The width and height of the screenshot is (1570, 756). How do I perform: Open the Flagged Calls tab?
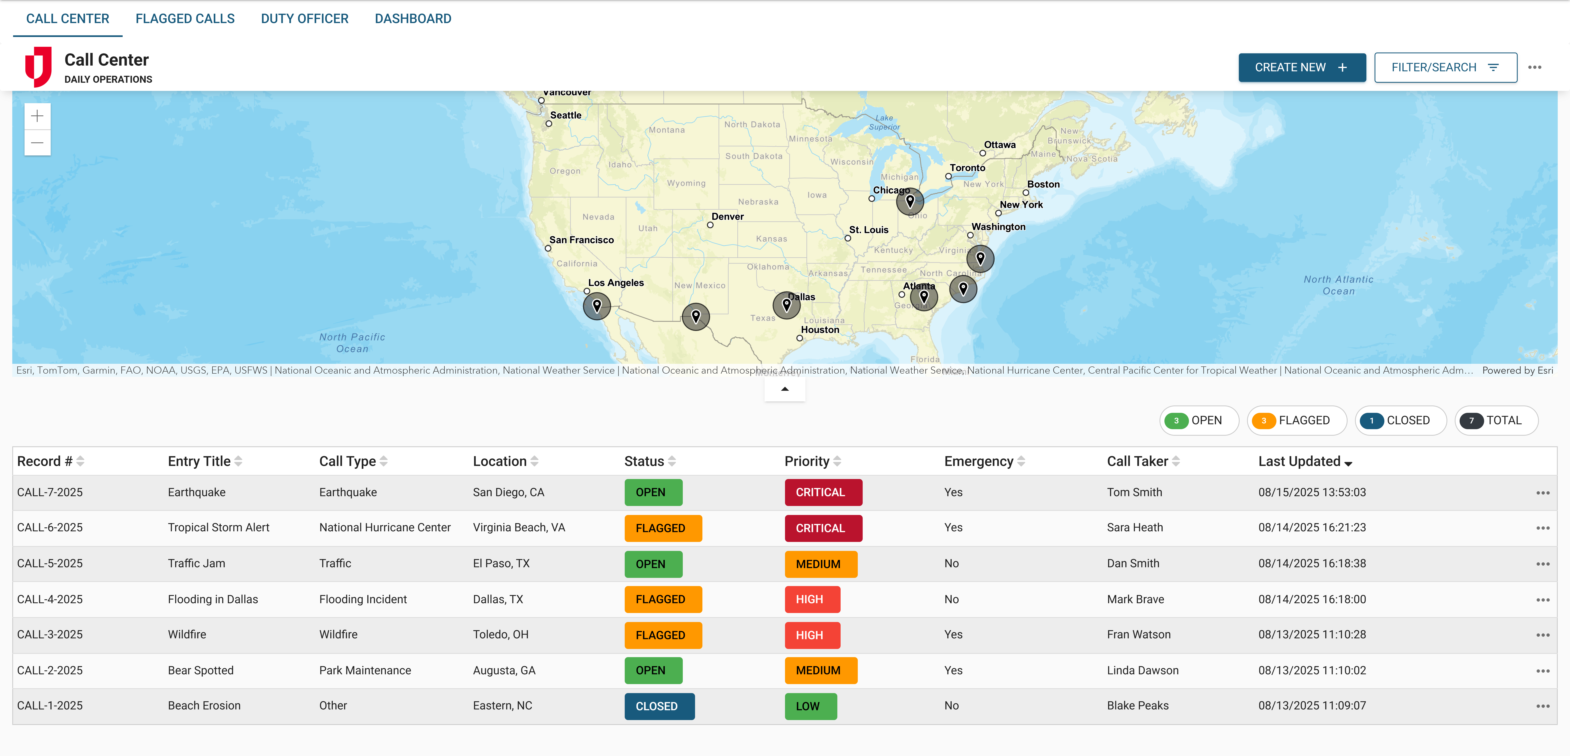185,19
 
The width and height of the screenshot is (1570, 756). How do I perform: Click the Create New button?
1301,68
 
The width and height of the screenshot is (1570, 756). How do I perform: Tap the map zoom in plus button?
37,116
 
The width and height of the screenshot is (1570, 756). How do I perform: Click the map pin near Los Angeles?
597,306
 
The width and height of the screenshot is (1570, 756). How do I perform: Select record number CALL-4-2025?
50,600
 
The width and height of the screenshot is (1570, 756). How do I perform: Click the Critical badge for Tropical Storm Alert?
823,528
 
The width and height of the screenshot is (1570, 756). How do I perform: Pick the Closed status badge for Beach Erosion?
659,706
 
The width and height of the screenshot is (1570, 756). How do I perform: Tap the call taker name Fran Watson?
1138,635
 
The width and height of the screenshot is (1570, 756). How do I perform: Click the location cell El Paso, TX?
501,564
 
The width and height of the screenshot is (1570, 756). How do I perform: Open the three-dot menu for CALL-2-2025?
1543,671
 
